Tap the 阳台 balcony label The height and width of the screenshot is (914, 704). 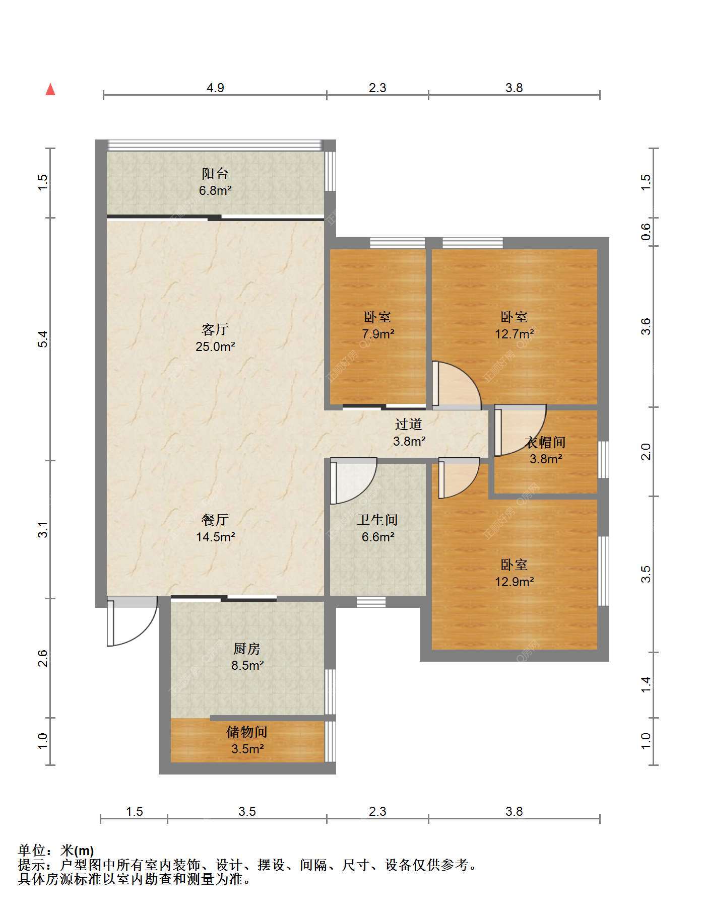click(215, 174)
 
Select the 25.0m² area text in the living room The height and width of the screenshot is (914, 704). click(215, 346)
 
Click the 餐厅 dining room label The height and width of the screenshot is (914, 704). click(215, 520)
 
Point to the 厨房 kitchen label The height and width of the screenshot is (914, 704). click(247, 649)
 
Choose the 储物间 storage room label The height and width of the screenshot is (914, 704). click(247, 732)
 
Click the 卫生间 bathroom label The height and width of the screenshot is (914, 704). click(377, 520)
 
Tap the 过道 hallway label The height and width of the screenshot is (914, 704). click(409, 425)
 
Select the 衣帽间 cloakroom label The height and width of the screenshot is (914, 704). click(546, 443)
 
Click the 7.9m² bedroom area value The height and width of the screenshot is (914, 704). click(377, 334)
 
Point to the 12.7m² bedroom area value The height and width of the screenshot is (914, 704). click(514, 334)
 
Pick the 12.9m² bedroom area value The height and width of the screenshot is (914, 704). click(514, 582)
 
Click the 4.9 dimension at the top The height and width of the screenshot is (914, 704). click(215, 88)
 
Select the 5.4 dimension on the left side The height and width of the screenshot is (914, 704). click(43, 338)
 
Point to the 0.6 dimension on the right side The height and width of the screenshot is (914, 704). click(646, 231)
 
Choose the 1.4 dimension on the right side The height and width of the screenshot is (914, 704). click(646, 685)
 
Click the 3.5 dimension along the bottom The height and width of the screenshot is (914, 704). click(247, 811)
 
